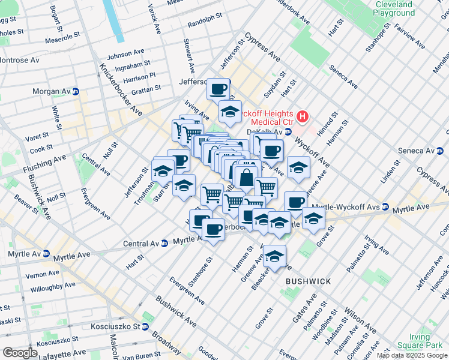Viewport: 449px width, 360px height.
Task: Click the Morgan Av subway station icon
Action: coord(76,92)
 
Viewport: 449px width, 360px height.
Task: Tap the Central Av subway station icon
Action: coord(164,244)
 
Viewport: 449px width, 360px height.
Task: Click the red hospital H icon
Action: coord(303,116)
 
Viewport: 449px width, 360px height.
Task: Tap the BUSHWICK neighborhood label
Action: coord(308,281)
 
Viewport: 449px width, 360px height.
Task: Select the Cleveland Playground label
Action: coord(394,8)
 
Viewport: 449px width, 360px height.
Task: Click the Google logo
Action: coord(20,353)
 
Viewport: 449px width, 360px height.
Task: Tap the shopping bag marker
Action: coord(246,178)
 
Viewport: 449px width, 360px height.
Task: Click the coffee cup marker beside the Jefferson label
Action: coord(218,89)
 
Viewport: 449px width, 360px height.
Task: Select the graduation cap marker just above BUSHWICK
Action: coord(274,257)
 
